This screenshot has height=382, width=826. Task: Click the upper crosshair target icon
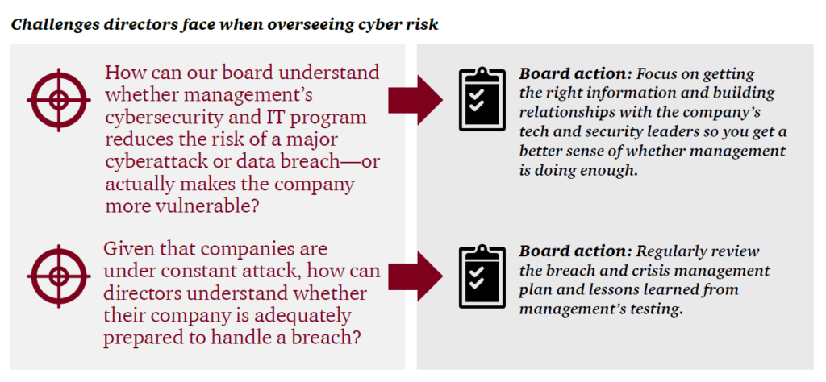[58, 100]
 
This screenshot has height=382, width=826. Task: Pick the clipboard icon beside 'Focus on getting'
[482, 100]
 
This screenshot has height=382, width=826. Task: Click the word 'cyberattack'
[154, 161]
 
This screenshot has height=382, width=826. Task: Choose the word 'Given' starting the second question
[131, 250]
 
